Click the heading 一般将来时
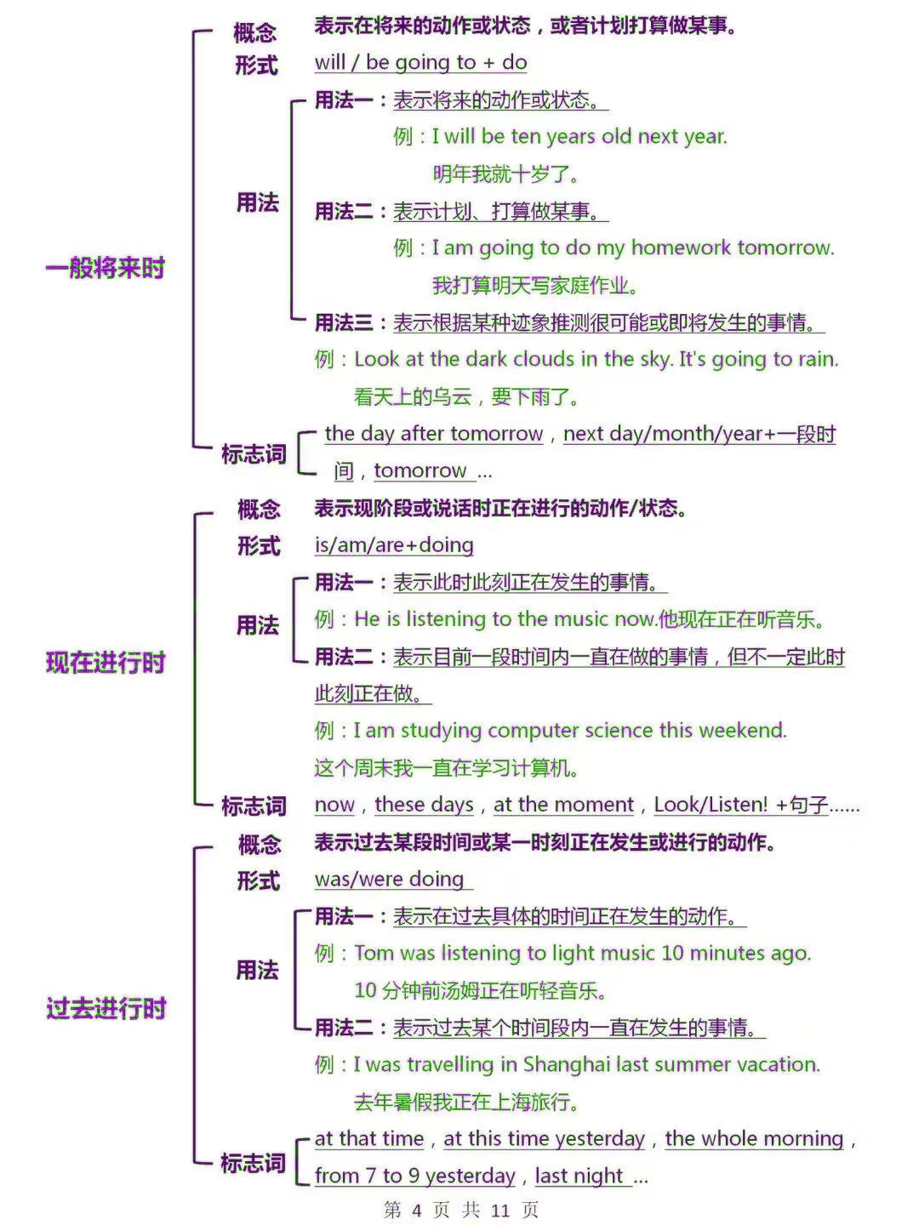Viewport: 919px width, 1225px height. [x=106, y=268]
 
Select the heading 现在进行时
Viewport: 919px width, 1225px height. [x=106, y=663]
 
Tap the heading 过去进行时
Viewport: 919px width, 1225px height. [x=106, y=1008]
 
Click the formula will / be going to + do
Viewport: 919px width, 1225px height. [x=420, y=62]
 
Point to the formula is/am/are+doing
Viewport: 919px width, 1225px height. [x=394, y=545]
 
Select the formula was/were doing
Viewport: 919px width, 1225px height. [x=389, y=880]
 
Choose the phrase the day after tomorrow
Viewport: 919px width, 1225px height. [x=434, y=434]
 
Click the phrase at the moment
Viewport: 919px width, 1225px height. [x=563, y=805]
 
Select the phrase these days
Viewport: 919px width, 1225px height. [x=424, y=805]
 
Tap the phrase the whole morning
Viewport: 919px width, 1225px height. [x=754, y=1139]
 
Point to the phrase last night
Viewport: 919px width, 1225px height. [x=579, y=1176]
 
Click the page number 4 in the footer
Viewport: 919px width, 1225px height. [x=417, y=1210]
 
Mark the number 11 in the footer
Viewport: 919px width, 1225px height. [x=500, y=1210]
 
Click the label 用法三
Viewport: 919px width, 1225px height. [x=343, y=322]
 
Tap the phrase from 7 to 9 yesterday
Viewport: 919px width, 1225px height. [x=414, y=1176]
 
